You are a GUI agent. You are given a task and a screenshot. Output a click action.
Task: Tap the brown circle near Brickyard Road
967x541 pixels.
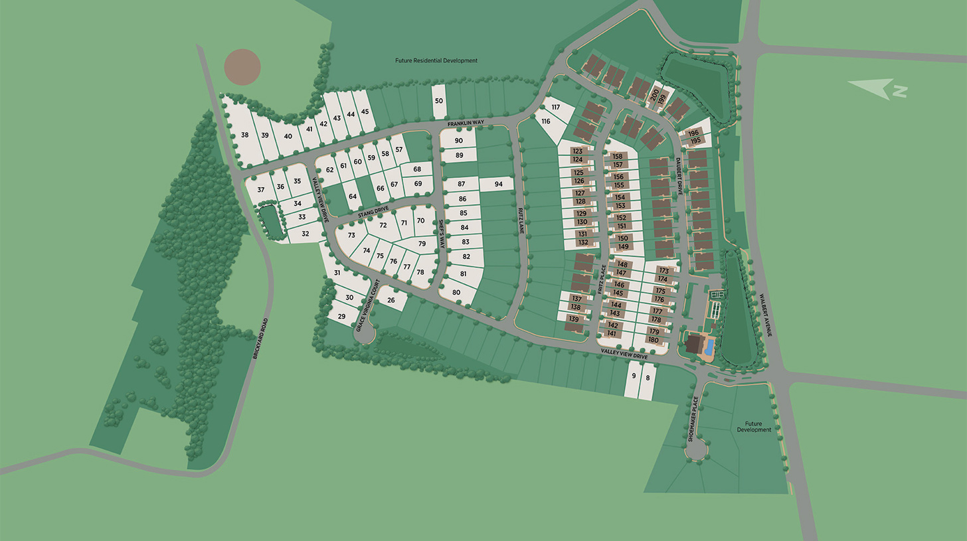pos(242,66)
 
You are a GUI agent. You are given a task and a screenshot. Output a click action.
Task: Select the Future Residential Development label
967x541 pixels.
pos(436,60)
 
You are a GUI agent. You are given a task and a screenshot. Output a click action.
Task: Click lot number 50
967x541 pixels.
pos(439,100)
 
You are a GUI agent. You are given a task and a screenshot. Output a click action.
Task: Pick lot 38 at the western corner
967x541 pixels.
pos(244,135)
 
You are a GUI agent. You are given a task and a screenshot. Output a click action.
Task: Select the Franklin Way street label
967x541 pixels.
pos(465,123)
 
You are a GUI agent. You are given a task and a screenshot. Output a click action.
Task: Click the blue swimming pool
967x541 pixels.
pos(709,346)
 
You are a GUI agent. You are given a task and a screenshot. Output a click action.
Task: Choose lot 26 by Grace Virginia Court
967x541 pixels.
pos(391,300)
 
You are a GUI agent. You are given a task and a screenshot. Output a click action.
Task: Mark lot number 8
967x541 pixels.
pos(648,377)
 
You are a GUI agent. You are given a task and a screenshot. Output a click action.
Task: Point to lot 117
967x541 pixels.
pos(556,107)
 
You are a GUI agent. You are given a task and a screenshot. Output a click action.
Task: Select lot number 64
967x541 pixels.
pos(353,196)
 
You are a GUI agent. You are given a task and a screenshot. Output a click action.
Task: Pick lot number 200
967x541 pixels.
pos(654,95)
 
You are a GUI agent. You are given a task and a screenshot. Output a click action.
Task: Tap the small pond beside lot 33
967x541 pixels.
pos(270,220)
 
